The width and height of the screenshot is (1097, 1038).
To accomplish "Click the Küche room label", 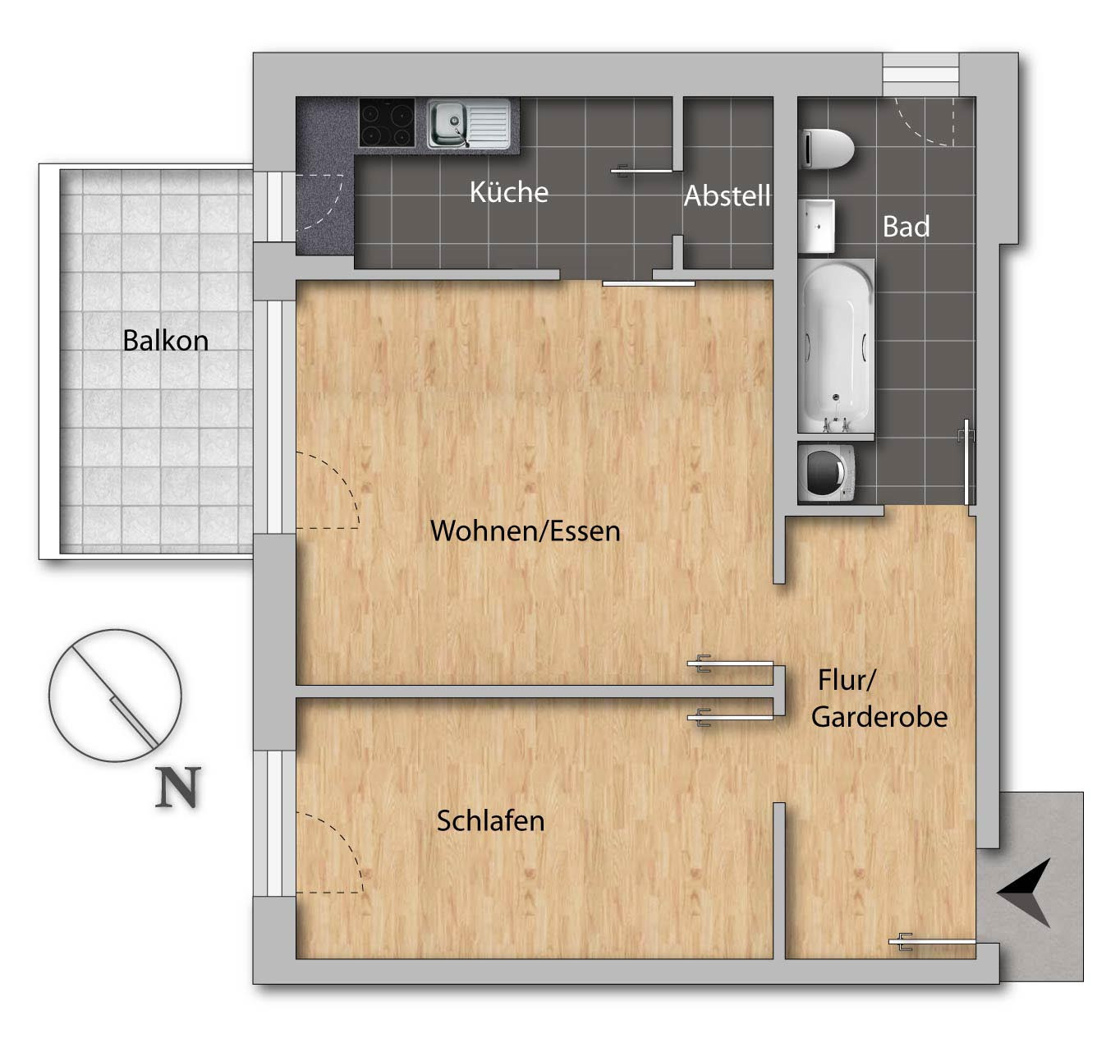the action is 508,191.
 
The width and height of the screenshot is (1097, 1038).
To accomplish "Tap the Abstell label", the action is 727,195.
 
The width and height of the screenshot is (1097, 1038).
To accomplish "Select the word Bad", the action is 906,226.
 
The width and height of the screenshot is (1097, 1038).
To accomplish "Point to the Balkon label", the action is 165,340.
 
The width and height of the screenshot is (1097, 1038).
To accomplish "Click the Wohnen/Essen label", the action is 525,530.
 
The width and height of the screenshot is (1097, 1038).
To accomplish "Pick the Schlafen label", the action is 490,820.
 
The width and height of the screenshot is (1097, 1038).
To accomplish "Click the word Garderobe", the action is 879,717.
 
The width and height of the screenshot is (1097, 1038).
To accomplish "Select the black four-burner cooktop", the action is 387,122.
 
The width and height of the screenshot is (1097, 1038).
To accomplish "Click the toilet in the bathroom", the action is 827,148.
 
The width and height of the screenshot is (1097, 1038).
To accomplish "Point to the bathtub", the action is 835,346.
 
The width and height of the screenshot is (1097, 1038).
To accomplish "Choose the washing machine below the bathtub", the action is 826,472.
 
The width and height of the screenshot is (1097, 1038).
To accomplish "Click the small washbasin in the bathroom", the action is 816,226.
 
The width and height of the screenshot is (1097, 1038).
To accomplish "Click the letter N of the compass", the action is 177,787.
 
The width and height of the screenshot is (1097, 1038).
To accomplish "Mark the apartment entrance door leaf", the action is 932,942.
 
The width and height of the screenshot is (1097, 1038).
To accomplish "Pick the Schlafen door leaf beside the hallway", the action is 730,718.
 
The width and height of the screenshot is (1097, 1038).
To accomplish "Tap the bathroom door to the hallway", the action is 967,462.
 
